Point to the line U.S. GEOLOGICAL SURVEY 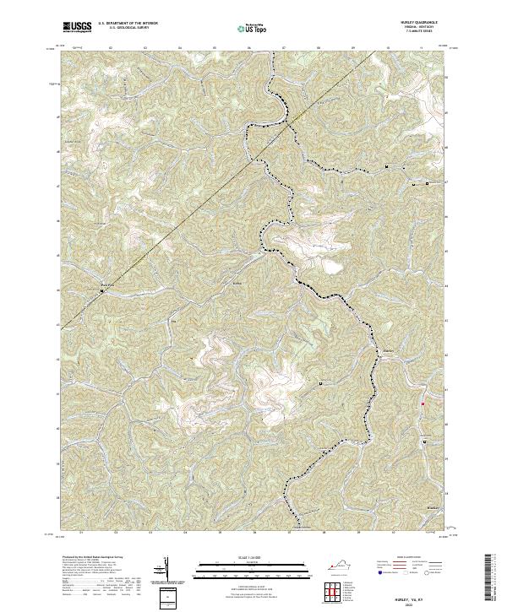click(121, 30)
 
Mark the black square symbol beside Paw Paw click(103, 291)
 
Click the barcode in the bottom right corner click(491, 582)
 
